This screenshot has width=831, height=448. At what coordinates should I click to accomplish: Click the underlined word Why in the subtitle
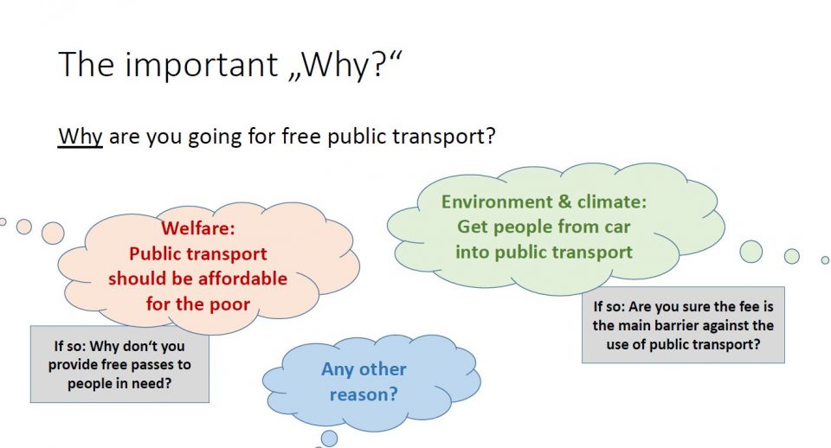[80, 137]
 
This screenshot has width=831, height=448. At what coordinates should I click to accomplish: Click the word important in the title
[202, 64]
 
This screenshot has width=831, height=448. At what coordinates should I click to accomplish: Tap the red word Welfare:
[197, 228]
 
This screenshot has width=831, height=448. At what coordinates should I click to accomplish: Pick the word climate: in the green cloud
[612, 202]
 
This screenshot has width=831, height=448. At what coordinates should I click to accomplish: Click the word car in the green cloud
[615, 227]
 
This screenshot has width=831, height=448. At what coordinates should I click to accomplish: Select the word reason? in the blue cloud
[364, 394]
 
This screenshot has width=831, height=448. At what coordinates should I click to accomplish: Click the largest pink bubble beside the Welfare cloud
[53, 233]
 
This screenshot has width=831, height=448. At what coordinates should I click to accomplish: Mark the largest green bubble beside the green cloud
[751, 252]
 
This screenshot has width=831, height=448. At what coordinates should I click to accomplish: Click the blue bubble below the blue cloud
[329, 438]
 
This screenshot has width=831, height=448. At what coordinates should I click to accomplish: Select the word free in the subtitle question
[301, 136]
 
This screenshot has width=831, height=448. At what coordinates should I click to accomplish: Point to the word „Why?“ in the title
[345, 65]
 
